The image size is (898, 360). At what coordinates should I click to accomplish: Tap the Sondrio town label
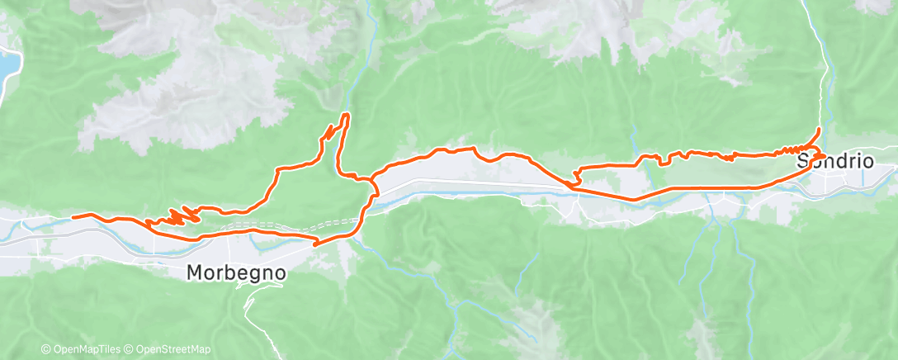[x=834, y=162]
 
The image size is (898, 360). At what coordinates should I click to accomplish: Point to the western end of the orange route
[x=73, y=217]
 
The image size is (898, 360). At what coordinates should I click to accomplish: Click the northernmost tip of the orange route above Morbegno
[x=346, y=114]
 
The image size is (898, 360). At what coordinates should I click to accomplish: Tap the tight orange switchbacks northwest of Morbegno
[x=177, y=217]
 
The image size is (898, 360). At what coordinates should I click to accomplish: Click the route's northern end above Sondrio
[x=819, y=129]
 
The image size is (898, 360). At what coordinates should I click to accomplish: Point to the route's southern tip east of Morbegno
[x=315, y=244]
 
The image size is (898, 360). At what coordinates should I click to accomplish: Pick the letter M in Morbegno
[x=196, y=272]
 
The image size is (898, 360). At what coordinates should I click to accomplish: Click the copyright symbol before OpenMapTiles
[x=45, y=350]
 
